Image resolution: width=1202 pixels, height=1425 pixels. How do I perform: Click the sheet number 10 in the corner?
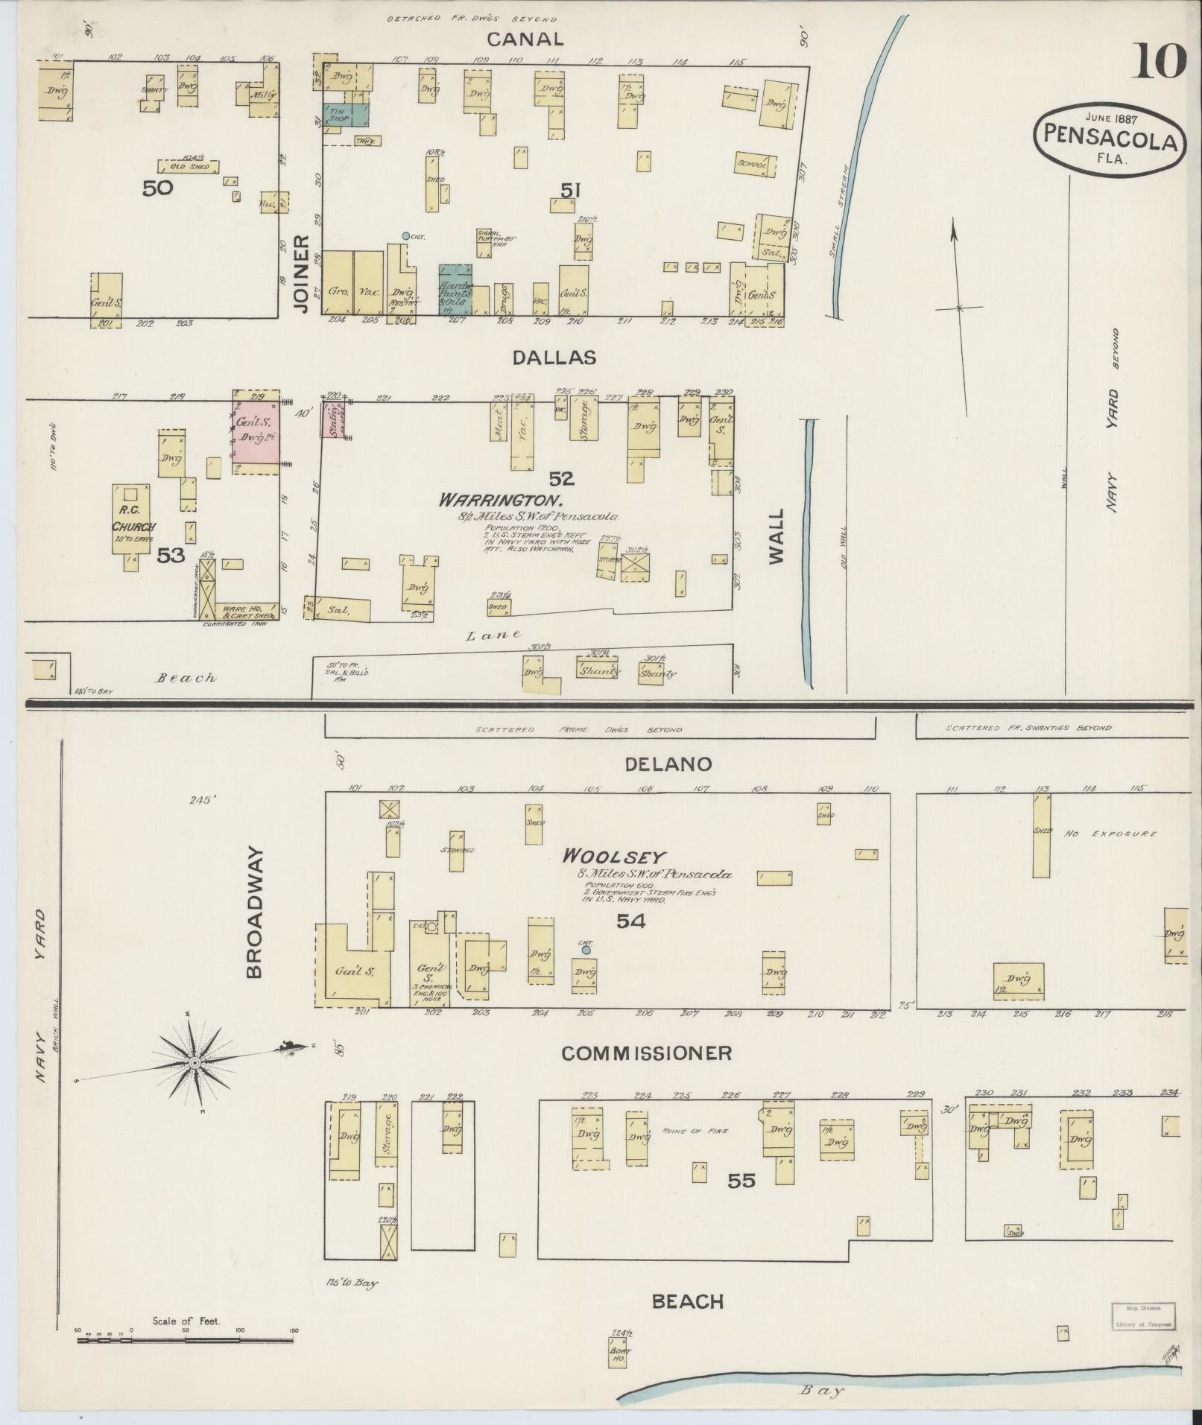tap(1160, 62)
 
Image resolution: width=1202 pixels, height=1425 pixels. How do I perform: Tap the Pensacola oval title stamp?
tap(1109, 139)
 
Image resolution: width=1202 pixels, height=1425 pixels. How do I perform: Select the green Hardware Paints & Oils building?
tap(455, 289)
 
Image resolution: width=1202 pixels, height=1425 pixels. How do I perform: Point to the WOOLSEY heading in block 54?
tap(614, 857)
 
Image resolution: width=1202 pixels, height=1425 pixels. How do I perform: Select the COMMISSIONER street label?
tap(645, 1053)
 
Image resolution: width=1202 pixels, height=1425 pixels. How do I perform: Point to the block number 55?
tap(741, 1181)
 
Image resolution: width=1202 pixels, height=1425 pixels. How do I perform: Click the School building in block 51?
tap(755, 165)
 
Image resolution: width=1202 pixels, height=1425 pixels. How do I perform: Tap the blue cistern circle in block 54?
tap(586, 950)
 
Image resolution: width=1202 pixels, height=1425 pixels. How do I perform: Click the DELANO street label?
tap(657, 764)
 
